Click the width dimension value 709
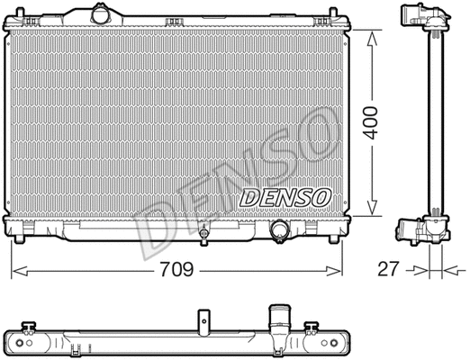click(176, 268)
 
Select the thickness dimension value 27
click(387, 269)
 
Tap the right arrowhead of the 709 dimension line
click(339, 269)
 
